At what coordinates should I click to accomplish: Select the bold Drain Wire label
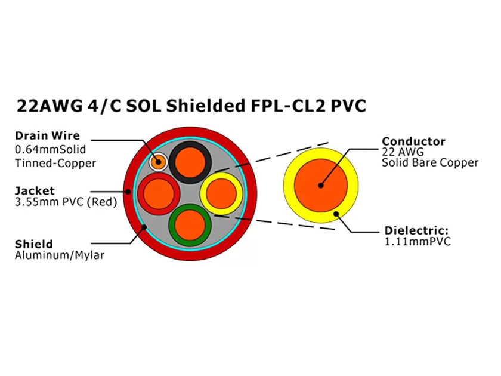click(x=47, y=135)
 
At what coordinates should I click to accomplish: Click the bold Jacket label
click(x=34, y=191)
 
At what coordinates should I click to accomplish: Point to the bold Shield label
click(x=33, y=244)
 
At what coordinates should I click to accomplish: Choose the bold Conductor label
click(x=413, y=141)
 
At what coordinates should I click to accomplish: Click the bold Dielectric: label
click(x=416, y=231)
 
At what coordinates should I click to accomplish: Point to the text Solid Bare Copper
click(x=430, y=162)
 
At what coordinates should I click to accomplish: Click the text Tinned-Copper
click(x=55, y=162)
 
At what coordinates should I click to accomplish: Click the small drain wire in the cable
click(x=159, y=161)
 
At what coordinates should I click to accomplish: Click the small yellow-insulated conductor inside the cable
click(x=222, y=193)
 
